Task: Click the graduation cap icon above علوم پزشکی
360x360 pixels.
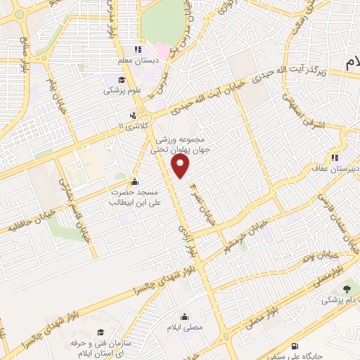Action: pos(112,79)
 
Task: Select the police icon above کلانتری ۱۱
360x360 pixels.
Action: pos(132,115)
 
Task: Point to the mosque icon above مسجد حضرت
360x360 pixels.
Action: pos(134,181)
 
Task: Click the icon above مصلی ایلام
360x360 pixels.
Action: pos(185,317)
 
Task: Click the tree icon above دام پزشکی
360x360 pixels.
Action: pos(347,288)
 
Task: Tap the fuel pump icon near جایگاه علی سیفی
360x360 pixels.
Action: pos(293,346)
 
